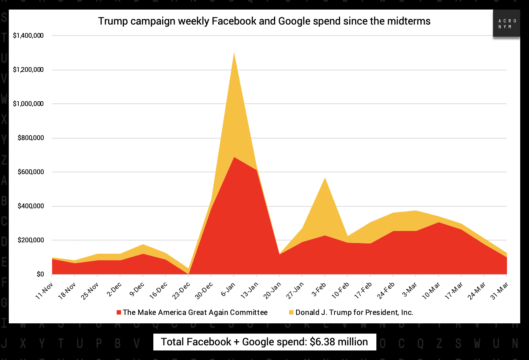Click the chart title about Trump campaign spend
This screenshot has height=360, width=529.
(x=264, y=21)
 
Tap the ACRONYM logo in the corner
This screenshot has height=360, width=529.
(x=506, y=24)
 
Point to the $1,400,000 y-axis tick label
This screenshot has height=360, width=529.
(x=28, y=36)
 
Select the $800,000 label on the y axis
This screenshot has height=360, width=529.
(x=31, y=138)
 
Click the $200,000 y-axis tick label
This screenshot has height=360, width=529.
(x=31, y=240)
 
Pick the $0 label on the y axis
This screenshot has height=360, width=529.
(x=40, y=274)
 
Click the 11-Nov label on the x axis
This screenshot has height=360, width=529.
(x=44, y=291)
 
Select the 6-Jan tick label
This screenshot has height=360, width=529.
(x=228, y=289)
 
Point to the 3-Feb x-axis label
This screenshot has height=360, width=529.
(x=319, y=289)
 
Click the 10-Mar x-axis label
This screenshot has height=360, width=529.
(x=431, y=291)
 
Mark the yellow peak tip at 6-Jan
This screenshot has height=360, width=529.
(x=234, y=53)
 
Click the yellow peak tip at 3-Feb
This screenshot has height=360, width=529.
(x=325, y=178)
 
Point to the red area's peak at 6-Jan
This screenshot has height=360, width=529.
(x=234, y=158)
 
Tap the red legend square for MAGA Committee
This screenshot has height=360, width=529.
(x=119, y=312)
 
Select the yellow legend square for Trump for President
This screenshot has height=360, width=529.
(x=291, y=312)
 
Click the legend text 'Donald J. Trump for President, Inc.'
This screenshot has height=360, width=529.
(x=354, y=312)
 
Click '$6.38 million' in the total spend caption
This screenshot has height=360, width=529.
(x=339, y=342)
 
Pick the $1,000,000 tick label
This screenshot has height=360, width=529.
(x=28, y=104)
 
